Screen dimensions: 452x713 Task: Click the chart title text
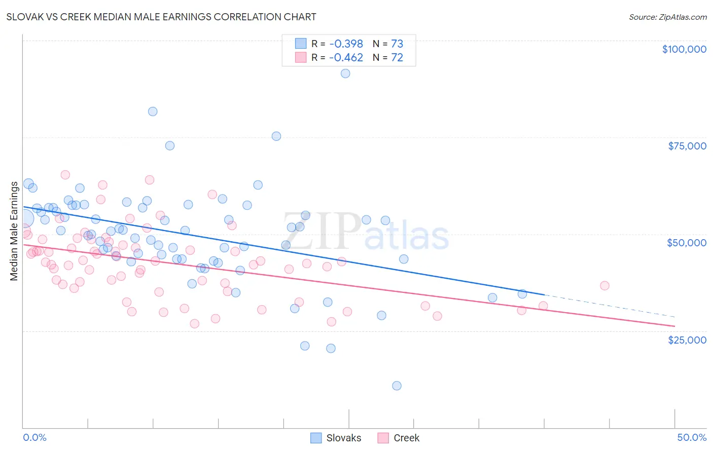[x=161, y=17]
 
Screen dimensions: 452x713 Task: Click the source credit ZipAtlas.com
[x=667, y=17]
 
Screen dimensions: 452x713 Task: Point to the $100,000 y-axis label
[x=684, y=49]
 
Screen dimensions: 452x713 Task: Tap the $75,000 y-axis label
[x=687, y=146]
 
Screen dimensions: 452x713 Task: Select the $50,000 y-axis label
[x=686, y=243]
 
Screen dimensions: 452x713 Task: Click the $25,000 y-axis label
[x=687, y=340]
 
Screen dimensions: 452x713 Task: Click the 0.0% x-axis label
[x=34, y=437]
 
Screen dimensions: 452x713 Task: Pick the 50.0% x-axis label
[x=692, y=437]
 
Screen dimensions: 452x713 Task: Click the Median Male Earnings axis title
[x=14, y=231]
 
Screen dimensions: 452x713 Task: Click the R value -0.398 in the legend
[x=346, y=44]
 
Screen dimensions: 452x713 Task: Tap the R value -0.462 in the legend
[x=346, y=57]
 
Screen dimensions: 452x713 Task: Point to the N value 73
[x=397, y=44]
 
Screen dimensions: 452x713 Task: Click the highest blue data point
[x=345, y=73]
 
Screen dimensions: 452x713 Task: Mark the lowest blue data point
[x=397, y=386]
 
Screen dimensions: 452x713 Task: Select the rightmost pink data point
[x=604, y=286]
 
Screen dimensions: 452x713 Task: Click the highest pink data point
[x=65, y=175]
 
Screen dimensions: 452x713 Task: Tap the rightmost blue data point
[x=522, y=294]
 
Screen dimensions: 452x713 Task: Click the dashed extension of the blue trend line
[x=609, y=306]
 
